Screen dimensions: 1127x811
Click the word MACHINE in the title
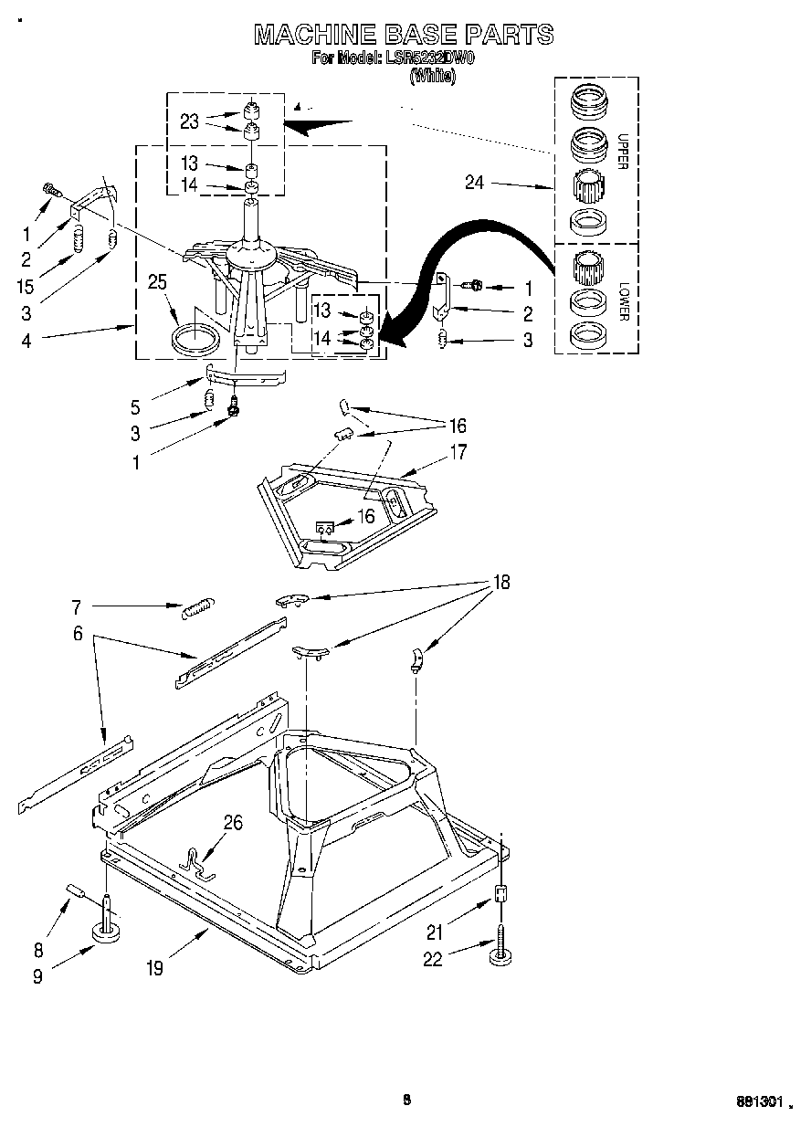305,35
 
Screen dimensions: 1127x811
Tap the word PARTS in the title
509,35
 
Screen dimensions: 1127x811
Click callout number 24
474,183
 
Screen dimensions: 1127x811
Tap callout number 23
189,121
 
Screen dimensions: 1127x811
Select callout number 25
158,284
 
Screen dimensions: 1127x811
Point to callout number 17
458,451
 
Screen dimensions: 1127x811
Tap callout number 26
233,824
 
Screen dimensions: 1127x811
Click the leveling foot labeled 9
109,932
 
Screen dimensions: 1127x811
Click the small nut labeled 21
500,894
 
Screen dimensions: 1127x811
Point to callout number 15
25,286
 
